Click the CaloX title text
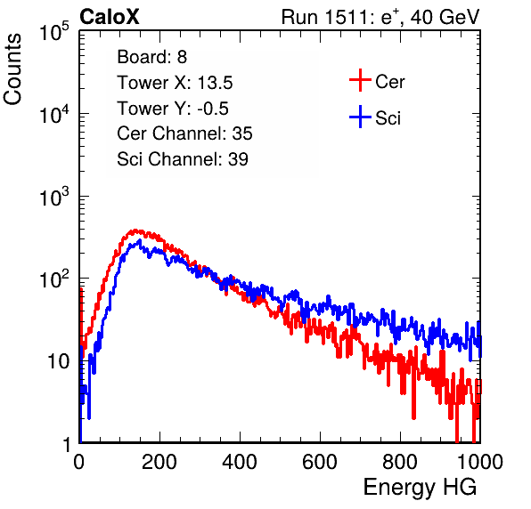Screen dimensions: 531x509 tap(110, 17)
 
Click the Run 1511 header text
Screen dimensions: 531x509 tap(380, 17)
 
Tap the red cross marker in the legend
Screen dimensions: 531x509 tap(360, 80)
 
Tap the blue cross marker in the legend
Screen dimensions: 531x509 tap(360, 117)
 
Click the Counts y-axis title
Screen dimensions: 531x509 tap(12, 69)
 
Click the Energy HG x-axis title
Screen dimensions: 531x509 tap(420, 488)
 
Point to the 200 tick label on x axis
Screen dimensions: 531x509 tap(159, 462)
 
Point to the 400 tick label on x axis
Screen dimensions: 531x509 tap(240, 462)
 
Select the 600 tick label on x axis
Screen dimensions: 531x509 tap(320, 462)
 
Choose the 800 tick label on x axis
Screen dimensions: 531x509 tap(400, 462)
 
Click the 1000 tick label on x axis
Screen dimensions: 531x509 tap(480, 462)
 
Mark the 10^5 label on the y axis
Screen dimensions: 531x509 tap(54, 32)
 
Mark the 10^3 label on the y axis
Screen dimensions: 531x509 tap(54, 198)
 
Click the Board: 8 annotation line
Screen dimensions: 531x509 tap(152, 57)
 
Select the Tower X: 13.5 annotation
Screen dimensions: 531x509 tap(175, 83)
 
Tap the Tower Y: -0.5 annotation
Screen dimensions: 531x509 tap(173, 109)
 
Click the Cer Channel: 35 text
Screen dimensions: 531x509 tap(184, 133)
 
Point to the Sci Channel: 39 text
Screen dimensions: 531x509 tap(183, 159)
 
